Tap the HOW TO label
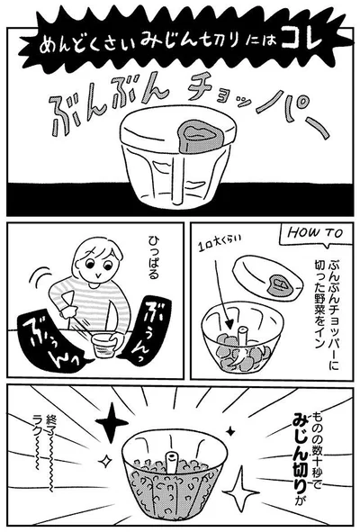pyautogui.click(x=316, y=233)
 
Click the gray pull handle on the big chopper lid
pyautogui.click(x=199, y=136)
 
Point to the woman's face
pyautogui.click(x=98, y=262)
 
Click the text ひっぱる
pyautogui.click(x=153, y=257)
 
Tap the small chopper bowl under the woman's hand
pyautogui.click(x=104, y=346)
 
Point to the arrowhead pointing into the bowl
pyautogui.click(x=230, y=325)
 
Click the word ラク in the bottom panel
pyautogui.click(x=36, y=424)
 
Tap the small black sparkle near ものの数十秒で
pyautogui.click(x=230, y=431)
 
